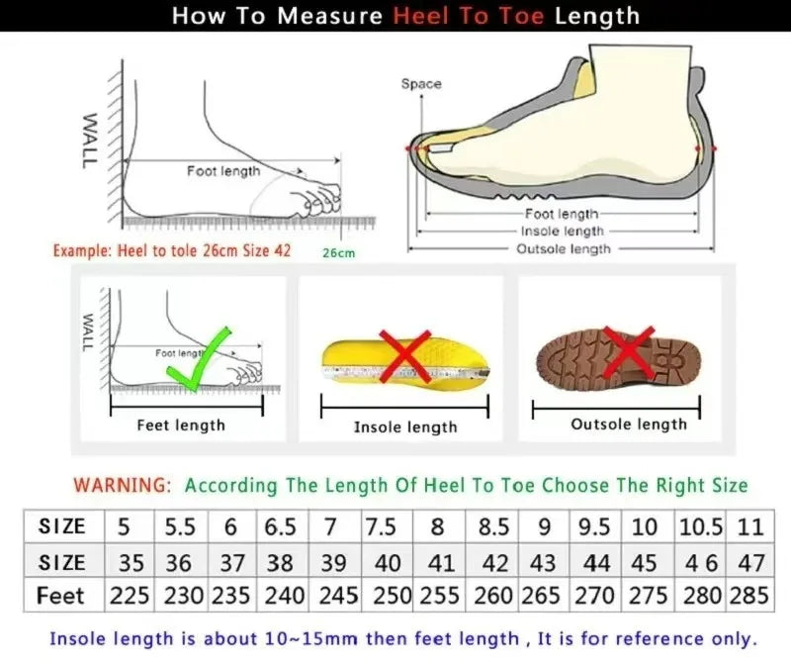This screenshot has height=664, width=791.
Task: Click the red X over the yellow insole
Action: tap(403, 356)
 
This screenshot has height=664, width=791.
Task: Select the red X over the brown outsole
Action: tap(626, 353)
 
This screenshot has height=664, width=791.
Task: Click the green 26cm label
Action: tap(338, 252)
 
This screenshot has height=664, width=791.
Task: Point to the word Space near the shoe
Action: tap(421, 84)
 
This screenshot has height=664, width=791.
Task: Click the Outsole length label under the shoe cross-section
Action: tap(564, 248)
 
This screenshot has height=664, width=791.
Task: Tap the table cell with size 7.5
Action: tap(382, 526)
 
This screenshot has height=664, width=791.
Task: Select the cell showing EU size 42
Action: tap(494, 562)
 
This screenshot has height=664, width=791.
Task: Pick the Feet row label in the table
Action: tap(60, 596)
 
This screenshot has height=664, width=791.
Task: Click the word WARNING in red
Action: tap(123, 486)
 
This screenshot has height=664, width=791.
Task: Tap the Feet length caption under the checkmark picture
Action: tap(181, 425)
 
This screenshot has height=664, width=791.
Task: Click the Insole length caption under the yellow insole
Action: tap(405, 427)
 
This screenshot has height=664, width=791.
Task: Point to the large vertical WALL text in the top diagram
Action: tap(89, 140)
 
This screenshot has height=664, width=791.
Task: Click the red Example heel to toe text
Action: tap(172, 250)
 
